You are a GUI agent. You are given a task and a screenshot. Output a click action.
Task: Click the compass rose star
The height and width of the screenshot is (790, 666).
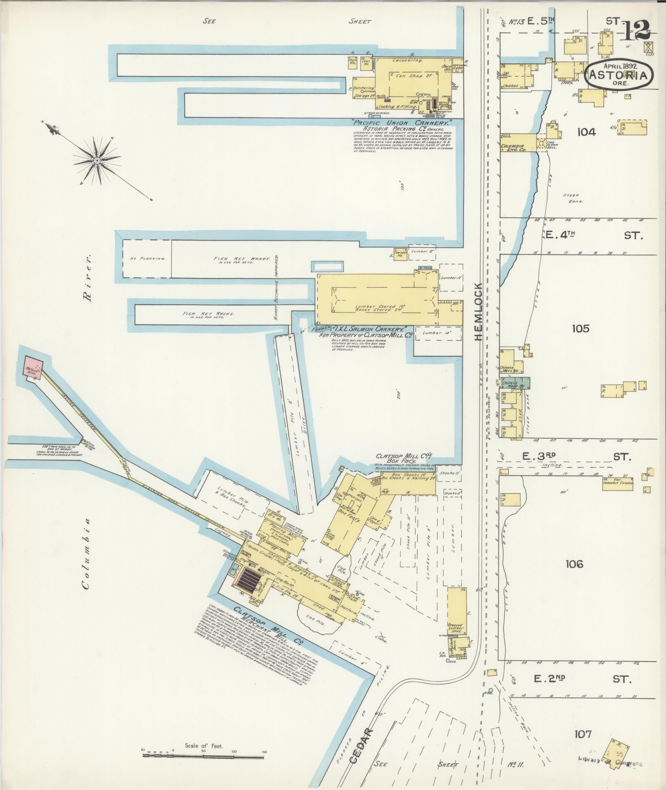97,160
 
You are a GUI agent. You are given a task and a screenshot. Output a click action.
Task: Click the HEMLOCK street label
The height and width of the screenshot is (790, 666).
478,312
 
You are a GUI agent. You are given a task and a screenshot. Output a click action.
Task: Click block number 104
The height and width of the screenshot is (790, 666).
586,132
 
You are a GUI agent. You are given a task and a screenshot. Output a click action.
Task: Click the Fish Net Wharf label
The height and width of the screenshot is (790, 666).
242,259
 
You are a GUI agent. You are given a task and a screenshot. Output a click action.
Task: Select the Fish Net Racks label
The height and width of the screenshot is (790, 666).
208,314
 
